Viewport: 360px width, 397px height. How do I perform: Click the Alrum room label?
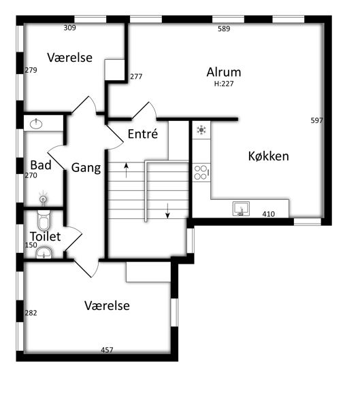point(224,72)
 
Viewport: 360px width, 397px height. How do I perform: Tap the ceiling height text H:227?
point(224,84)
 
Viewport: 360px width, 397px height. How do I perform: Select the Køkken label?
point(269,156)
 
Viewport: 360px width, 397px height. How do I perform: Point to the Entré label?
point(143,134)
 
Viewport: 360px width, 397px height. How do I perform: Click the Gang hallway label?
point(86,168)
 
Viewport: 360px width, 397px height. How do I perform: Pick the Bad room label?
point(41,165)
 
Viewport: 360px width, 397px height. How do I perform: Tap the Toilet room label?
point(46,237)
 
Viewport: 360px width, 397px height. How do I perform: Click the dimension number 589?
point(224,29)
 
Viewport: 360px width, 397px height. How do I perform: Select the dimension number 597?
point(317,120)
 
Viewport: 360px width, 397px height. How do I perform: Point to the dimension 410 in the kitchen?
point(269,214)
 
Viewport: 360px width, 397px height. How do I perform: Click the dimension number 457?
point(107,350)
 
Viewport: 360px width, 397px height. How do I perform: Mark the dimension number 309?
point(69,28)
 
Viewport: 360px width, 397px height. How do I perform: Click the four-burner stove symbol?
point(201,173)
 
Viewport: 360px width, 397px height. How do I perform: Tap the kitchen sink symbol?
point(241,209)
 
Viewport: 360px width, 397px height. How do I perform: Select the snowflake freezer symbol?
point(201,130)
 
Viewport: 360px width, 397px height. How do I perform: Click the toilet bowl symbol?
point(44,220)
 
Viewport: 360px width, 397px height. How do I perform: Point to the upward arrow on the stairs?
point(127,171)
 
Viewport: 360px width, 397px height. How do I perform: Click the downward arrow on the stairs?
point(167,211)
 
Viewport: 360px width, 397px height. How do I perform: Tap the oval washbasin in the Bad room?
point(36,124)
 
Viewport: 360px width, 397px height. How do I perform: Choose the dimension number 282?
point(31,313)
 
